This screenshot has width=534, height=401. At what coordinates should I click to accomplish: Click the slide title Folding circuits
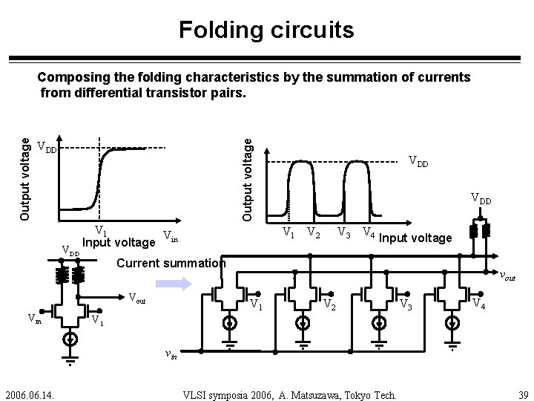(266, 30)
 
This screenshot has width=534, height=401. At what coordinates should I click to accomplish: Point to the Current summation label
(171, 263)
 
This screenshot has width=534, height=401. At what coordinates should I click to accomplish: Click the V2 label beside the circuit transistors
(330, 306)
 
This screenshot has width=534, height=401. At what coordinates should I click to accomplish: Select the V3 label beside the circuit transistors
(406, 304)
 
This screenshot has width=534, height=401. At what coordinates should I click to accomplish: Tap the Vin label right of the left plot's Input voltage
(170, 238)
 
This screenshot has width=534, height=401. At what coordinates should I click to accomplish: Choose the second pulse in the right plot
(357, 186)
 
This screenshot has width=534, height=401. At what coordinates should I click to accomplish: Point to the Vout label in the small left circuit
(138, 299)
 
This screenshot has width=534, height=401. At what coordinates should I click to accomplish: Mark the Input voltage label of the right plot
(415, 238)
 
